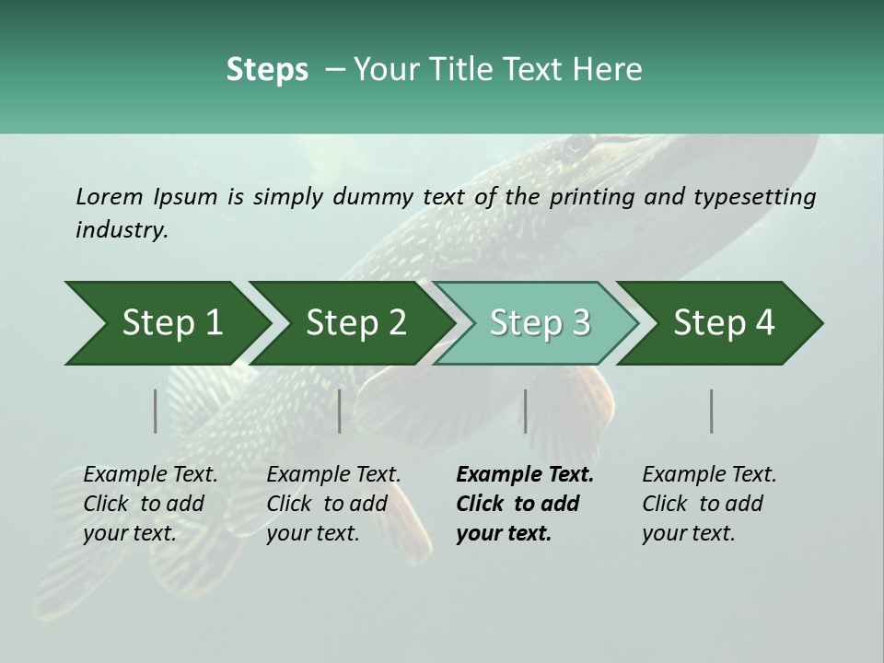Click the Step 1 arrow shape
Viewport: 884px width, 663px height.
click(x=166, y=323)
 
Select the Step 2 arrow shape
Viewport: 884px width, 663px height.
click(x=350, y=323)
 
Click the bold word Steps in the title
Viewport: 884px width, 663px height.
click(x=267, y=69)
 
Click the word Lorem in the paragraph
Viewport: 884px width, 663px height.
click(x=109, y=196)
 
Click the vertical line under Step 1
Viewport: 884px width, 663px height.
click(x=155, y=411)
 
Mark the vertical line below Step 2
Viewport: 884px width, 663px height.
click(x=340, y=411)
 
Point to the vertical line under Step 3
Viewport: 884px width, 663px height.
click(x=525, y=411)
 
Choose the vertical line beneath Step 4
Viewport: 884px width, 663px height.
click(x=711, y=411)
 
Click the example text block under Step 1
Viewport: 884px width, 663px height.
click(x=147, y=504)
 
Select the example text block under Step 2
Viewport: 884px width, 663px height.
click(x=331, y=504)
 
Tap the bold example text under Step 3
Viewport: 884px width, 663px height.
click(x=523, y=504)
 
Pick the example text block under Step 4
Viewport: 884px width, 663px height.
click(x=707, y=504)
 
